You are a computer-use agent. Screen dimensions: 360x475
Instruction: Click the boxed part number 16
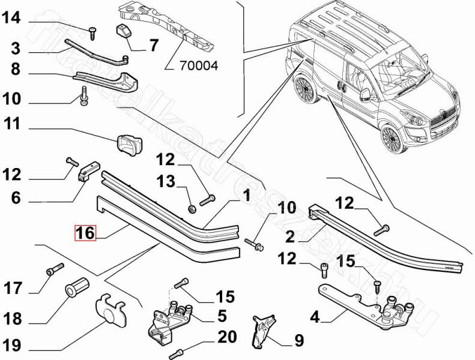tap(85, 233)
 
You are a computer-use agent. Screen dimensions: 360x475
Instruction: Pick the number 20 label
tap(227, 337)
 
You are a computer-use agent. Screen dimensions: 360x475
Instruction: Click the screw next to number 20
tap(177, 352)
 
